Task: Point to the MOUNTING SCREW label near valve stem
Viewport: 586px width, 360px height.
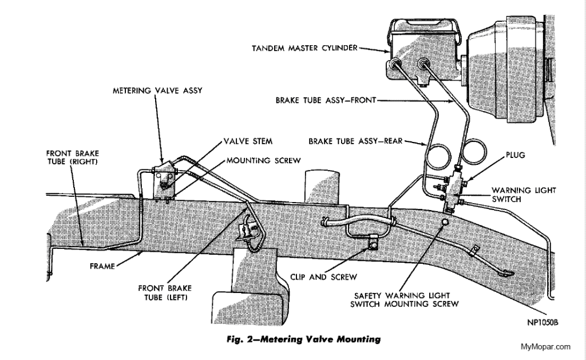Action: pyautogui.click(x=263, y=161)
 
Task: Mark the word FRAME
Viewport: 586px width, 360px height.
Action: pyautogui.click(x=102, y=266)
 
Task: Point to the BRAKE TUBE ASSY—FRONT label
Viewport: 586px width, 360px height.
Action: pyautogui.click(x=325, y=100)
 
